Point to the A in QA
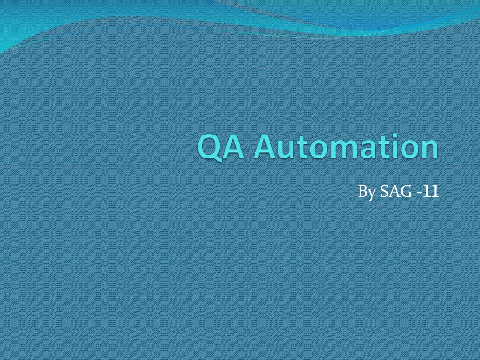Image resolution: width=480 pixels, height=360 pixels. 237,147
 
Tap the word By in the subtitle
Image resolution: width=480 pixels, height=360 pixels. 367,192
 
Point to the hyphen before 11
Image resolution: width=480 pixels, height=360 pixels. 418,193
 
